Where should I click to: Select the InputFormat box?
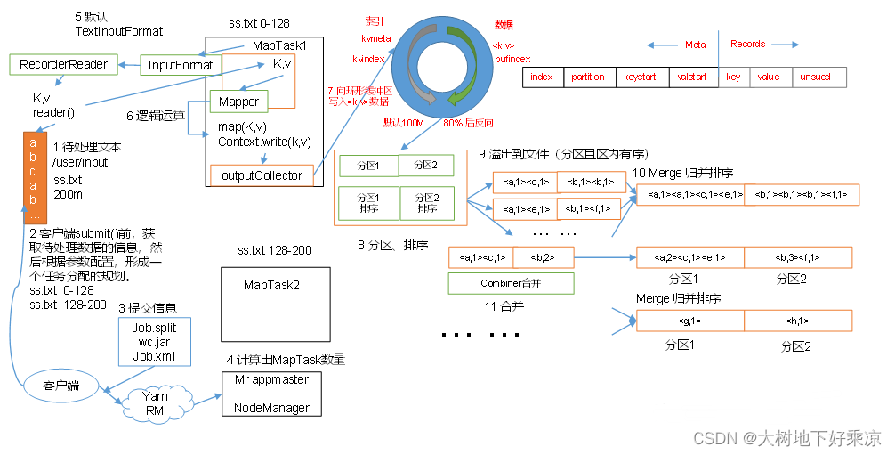[181, 65]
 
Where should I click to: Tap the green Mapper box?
[238, 102]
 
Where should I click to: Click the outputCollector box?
[262, 175]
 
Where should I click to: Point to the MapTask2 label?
[271, 285]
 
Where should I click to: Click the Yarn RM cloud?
[156, 403]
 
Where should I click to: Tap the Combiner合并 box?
[511, 283]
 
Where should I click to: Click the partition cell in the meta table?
[587, 77]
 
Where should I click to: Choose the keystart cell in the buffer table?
[640, 77]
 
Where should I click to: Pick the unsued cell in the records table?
[815, 77]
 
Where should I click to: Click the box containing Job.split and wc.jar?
[154, 342]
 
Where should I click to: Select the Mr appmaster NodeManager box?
[271, 394]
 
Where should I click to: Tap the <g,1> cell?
[690, 321]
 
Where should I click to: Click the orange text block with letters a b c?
[33, 177]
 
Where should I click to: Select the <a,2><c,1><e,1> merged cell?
[690, 258]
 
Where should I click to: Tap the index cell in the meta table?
[541, 77]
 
